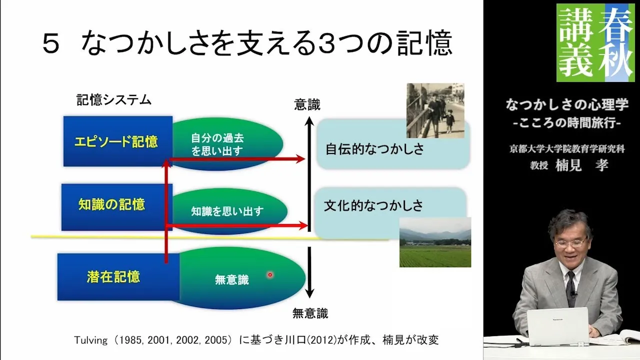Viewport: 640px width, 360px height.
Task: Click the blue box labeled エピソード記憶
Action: click(117, 141)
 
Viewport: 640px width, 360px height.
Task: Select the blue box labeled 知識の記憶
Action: click(117, 207)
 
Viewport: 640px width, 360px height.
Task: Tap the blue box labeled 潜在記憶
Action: click(118, 277)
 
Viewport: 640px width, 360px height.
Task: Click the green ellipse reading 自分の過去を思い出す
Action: click(227, 144)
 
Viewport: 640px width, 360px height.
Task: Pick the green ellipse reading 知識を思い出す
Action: click(229, 211)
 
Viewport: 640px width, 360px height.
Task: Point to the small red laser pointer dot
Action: click(269, 275)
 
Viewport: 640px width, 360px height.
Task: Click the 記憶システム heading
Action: click(113, 100)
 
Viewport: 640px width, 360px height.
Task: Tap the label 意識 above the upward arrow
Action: click(307, 105)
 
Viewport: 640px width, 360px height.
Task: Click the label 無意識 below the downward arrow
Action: click(310, 313)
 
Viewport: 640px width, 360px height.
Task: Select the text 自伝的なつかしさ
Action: click(375, 149)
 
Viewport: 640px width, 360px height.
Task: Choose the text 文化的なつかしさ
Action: click(373, 205)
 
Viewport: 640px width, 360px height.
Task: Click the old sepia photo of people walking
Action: click(435, 110)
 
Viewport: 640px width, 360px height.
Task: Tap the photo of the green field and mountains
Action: click(435, 242)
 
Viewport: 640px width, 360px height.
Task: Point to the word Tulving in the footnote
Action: click(90, 340)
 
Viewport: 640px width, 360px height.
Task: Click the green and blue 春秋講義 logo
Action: click(595, 42)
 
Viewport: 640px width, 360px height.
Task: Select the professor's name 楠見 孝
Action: click(581, 165)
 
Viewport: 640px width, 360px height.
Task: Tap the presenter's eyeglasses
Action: click(569, 243)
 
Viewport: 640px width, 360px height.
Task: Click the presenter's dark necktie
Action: click(571, 288)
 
